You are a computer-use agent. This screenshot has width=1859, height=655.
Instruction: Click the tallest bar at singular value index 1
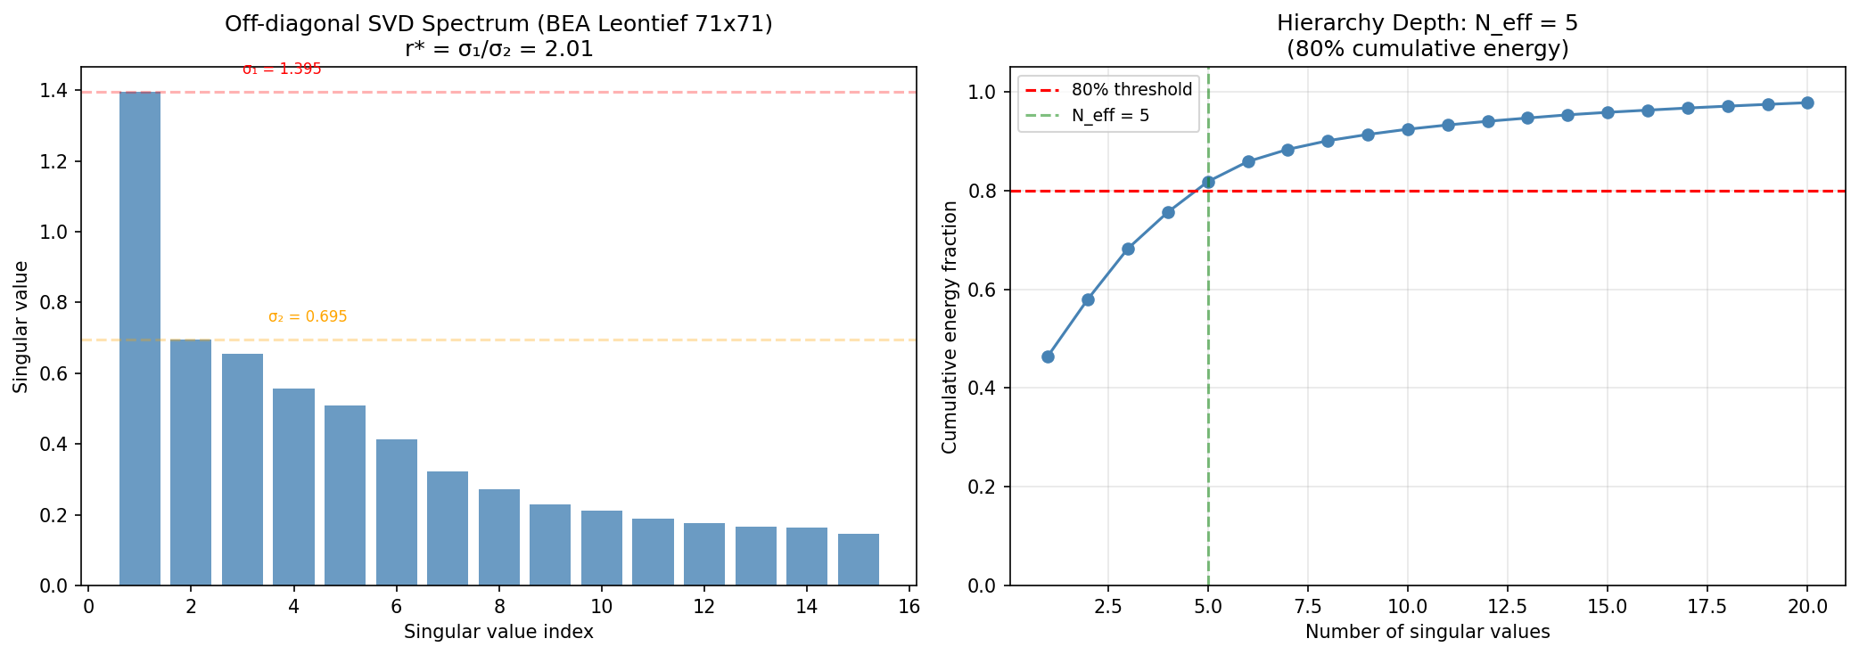[140, 339]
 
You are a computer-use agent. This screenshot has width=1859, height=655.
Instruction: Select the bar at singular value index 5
[345, 495]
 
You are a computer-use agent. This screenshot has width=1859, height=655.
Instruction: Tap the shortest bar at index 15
[858, 560]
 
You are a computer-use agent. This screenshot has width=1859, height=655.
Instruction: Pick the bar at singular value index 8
[499, 537]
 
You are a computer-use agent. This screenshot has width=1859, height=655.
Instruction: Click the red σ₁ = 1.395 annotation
[282, 70]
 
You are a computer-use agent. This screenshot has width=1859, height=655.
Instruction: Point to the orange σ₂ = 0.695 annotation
[308, 317]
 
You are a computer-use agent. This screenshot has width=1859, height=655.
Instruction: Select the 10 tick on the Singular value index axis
[601, 607]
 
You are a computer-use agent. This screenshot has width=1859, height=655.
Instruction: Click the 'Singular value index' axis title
[498, 632]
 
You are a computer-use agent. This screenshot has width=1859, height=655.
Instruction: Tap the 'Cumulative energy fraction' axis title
[950, 327]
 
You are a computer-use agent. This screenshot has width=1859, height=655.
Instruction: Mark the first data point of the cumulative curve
[1048, 356]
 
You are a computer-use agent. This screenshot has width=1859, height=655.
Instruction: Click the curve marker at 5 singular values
[1208, 182]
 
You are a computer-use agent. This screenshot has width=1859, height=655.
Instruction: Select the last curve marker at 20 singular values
[1807, 102]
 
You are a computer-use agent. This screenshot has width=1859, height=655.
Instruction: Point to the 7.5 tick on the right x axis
[1308, 607]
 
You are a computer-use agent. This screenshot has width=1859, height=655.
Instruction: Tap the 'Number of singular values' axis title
[1427, 632]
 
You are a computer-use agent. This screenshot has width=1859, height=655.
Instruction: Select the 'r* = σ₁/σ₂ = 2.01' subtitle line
[498, 49]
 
